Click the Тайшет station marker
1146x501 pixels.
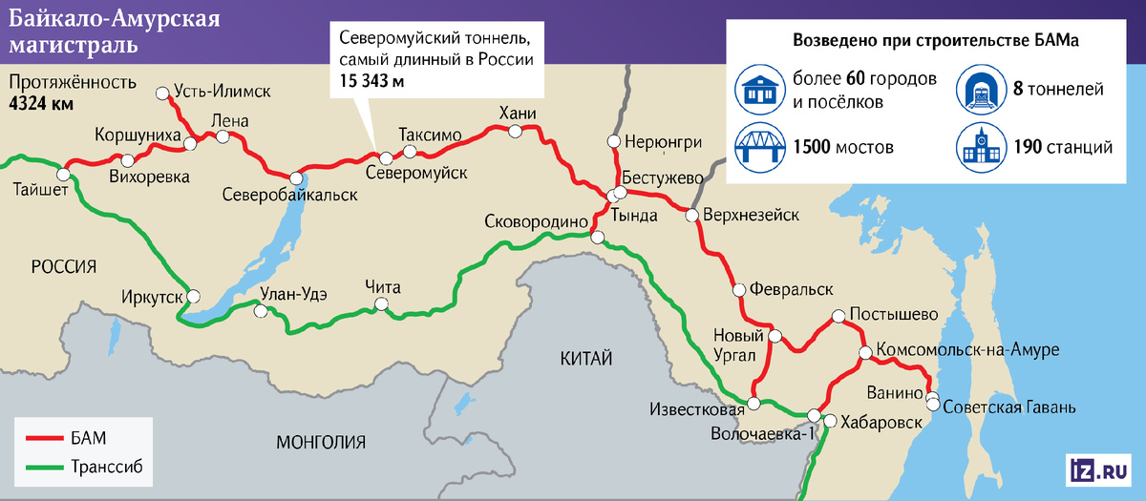65,175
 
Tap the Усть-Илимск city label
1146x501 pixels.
223,92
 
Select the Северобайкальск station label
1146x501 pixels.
289,195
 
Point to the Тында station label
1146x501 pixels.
639,216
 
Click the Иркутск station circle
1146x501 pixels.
194,295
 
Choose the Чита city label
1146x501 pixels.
382,287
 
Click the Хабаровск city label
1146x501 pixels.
881,421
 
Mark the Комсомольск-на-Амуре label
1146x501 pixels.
966,350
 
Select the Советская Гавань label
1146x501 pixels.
1008,407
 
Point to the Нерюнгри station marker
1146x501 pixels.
615,142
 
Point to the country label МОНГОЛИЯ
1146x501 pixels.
320,442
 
